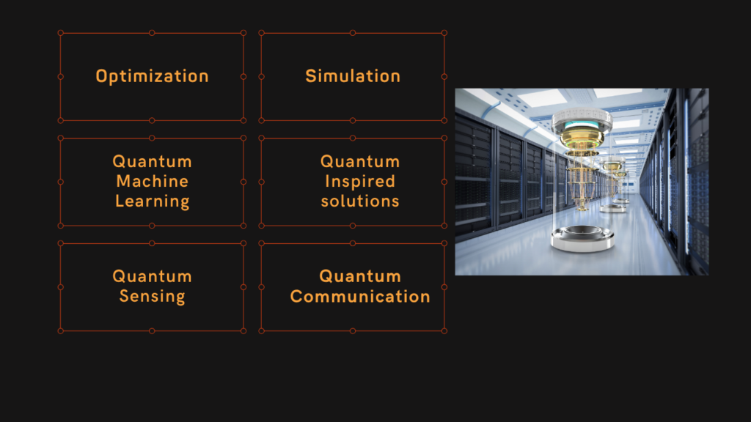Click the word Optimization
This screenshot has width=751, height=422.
153,76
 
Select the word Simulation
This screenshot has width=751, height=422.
353,76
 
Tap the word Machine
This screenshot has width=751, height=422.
153,182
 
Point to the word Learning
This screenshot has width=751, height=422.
153,201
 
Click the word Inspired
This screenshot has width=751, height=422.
360,182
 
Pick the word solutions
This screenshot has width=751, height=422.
360,201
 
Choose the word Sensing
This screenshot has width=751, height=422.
153,297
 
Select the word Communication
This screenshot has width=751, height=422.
360,297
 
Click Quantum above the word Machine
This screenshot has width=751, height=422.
153,162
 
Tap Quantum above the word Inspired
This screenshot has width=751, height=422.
360,162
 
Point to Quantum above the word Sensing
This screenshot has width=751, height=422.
153,276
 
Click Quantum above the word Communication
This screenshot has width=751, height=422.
360,276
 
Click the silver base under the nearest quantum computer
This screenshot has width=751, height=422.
582,238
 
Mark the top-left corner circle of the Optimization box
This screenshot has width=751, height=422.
60,33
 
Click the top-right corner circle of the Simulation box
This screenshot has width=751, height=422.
444,33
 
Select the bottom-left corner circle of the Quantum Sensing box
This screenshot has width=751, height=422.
60,331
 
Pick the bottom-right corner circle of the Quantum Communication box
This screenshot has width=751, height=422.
444,331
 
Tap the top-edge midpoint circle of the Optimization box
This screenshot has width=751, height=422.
152,33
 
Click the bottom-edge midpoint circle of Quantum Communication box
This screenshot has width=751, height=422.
353,331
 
